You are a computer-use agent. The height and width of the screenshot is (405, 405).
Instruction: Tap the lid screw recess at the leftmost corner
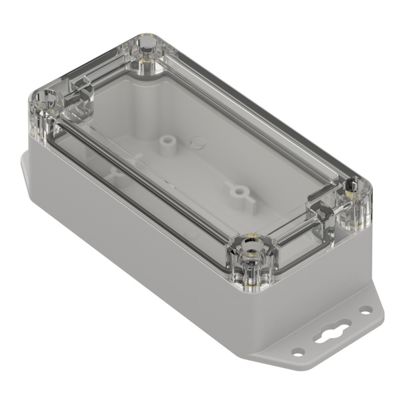point(42,97)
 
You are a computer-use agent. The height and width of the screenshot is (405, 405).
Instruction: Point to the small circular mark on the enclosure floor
point(195,142)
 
